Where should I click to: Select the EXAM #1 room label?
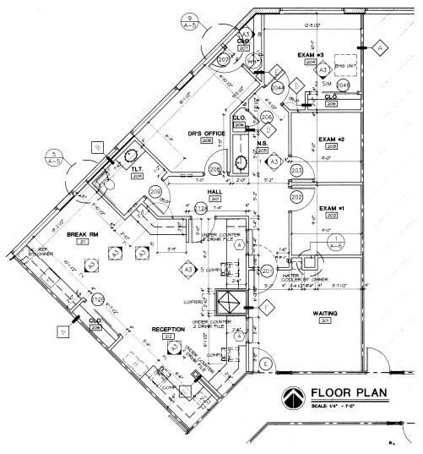pyautogui.click(x=327, y=207)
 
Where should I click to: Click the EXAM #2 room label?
pyautogui.click(x=328, y=139)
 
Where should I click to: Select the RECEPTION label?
pyautogui.click(x=169, y=328)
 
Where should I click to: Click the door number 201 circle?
pyautogui.click(x=266, y=271)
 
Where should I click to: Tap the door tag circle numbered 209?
pyautogui.click(x=155, y=193)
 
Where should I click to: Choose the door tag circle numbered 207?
pyautogui.click(x=224, y=61)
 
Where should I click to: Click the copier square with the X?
pyautogui.click(x=229, y=302)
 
